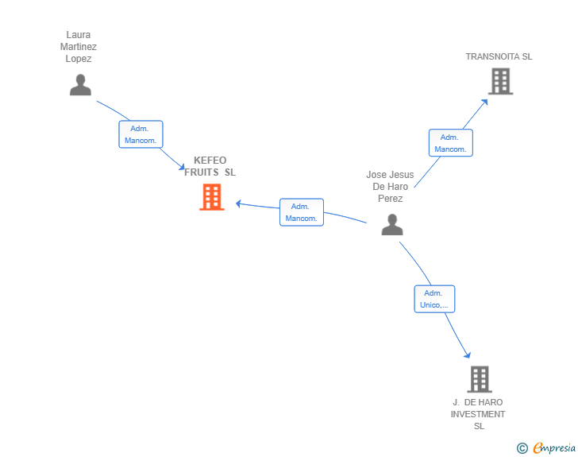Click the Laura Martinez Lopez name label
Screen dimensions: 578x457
click(x=79, y=47)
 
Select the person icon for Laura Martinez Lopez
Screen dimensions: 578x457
click(x=80, y=85)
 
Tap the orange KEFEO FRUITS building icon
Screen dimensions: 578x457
click(x=212, y=197)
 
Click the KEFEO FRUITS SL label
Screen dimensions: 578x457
click(x=210, y=166)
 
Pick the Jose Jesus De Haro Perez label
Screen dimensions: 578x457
click(x=390, y=187)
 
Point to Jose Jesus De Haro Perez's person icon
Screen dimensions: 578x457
click(x=392, y=224)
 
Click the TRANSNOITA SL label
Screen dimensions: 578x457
click(x=499, y=56)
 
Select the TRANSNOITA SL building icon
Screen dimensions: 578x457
click(x=500, y=81)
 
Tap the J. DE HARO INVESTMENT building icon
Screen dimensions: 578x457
click(x=480, y=379)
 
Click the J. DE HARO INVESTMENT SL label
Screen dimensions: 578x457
click(x=478, y=414)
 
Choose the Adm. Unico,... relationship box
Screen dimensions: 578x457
click(x=434, y=299)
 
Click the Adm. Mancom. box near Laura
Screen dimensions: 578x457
click(x=141, y=134)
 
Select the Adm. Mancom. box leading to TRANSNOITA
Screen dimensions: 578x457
click(x=451, y=143)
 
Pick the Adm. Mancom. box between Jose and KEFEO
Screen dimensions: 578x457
click(x=302, y=212)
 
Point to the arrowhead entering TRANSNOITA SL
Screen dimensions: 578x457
click(x=485, y=103)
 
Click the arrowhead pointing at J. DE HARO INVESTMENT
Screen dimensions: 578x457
click(x=468, y=355)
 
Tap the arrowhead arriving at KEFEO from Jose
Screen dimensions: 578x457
click(x=238, y=203)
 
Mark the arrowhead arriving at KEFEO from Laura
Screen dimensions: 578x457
click(x=181, y=166)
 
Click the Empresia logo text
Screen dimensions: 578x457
click(x=554, y=448)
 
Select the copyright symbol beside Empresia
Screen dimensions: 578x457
click(x=522, y=448)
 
